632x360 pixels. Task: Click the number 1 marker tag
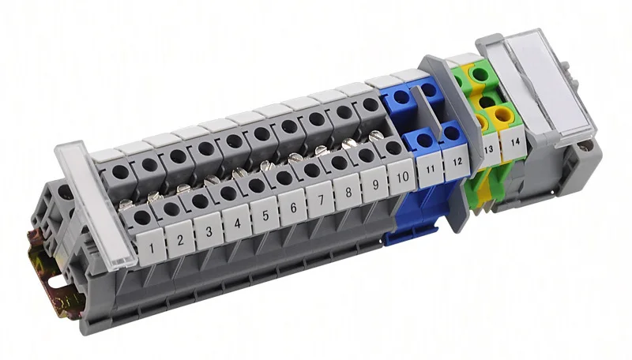pos(151,247)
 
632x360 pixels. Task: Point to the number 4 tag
pos(237,223)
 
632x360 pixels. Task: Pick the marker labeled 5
pos(265,215)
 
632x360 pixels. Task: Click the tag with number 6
pos(292,208)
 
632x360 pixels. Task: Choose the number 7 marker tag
pos(321,200)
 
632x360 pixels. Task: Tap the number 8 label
pos(348,192)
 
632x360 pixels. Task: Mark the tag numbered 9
pos(374,185)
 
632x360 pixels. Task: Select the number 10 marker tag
pos(401,176)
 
